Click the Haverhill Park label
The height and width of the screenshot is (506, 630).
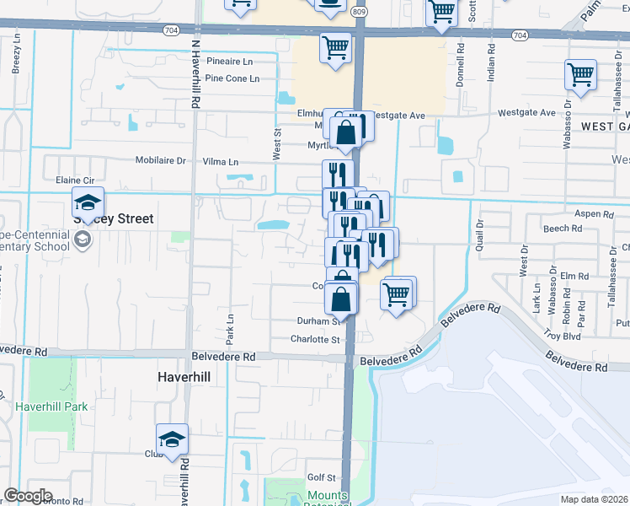pos(51,406)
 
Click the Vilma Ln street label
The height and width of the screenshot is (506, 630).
pos(221,161)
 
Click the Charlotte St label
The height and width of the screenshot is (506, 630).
pos(315,340)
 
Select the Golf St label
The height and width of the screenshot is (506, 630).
pos(322,478)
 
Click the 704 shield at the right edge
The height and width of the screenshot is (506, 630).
pos(520,35)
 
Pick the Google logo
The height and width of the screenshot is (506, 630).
pos(27,496)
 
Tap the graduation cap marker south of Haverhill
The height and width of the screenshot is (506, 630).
pos(172,440)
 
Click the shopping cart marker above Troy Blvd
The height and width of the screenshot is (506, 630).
pos(397,294)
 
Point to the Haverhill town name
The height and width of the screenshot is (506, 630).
pos(184,376)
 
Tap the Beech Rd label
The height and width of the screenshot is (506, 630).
pos(563,228)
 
